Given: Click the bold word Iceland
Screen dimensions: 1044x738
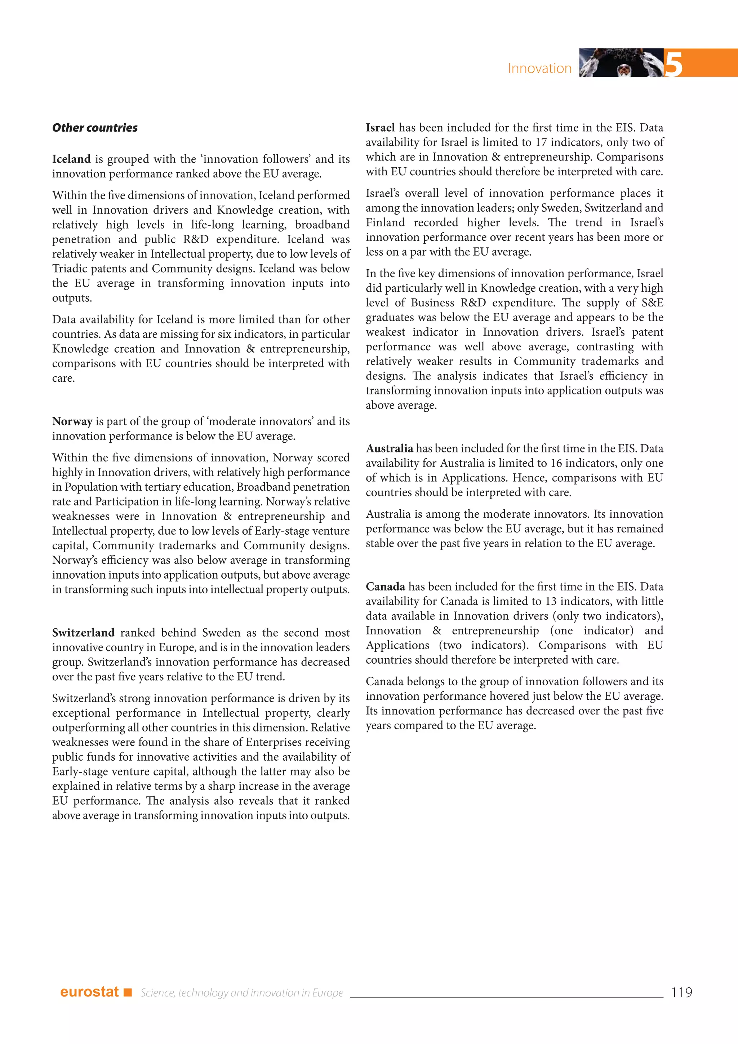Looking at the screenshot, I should coord(71,159).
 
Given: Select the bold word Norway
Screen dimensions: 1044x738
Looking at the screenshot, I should coord(72,421).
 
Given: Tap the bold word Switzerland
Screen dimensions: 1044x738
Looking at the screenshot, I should coord(83,633).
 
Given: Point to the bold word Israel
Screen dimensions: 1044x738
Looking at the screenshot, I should coord(381,128).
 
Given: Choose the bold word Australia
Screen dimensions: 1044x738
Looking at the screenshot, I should coord(390,449).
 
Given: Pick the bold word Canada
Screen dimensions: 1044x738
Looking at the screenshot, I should coord(385,587).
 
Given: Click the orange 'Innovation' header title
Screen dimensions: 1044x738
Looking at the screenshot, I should coord(539,68).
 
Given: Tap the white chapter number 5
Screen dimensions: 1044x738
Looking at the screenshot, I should coord(673,64).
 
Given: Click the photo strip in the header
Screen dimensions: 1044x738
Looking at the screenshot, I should coord(621,62).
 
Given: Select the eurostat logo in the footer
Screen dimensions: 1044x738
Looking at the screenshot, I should coord(89,992).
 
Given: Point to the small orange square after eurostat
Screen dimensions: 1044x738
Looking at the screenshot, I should coord(128,992).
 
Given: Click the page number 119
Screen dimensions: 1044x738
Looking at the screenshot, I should coord(681,992).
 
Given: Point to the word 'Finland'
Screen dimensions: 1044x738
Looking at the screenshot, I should coord(385,223).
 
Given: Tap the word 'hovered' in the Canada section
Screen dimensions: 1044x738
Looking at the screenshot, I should coord(523,696).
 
